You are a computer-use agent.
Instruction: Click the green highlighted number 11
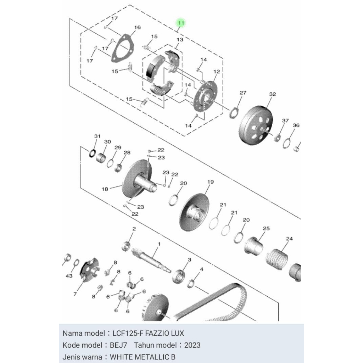181,23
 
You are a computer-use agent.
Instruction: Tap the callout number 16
138,27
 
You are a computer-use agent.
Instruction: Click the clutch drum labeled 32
256,125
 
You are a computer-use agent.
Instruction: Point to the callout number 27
243,93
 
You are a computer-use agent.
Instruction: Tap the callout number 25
266,229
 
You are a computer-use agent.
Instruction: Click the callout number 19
211,182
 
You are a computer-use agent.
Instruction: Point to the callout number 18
105,189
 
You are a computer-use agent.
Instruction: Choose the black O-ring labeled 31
92,153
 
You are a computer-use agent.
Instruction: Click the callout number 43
69,276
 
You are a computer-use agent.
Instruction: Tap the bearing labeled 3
179,276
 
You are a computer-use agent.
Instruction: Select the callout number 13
180,40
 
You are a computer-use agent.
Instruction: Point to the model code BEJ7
118,345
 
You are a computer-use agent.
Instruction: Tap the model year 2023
192,345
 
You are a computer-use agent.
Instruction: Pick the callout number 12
217,72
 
